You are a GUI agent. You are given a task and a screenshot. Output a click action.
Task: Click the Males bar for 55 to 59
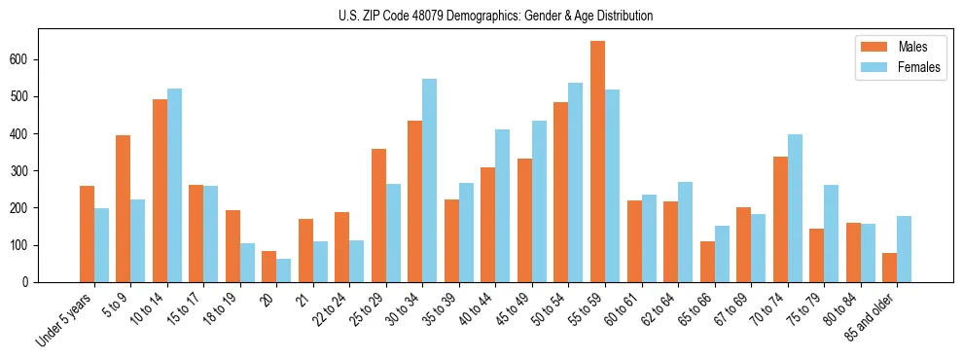pyautogui.click(x=597, y=162)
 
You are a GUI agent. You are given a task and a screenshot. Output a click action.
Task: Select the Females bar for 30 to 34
pyautogui.click(x=430, y=180)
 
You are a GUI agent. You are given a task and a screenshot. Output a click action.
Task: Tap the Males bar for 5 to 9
pyautogui.click(x=124, y=208)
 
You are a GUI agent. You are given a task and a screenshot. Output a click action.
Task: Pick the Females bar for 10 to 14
pyautogui.click(x=174, y=185)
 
